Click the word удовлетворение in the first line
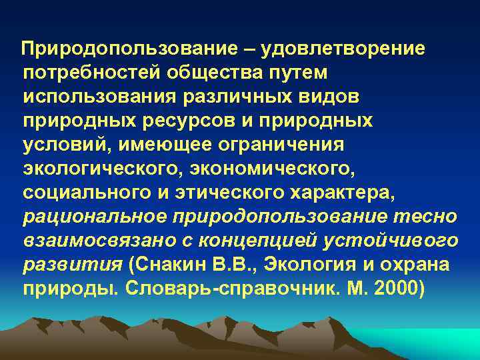point(352,49)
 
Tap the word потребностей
point(84,73)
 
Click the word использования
point(98,97)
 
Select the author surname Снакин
point(168,265)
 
